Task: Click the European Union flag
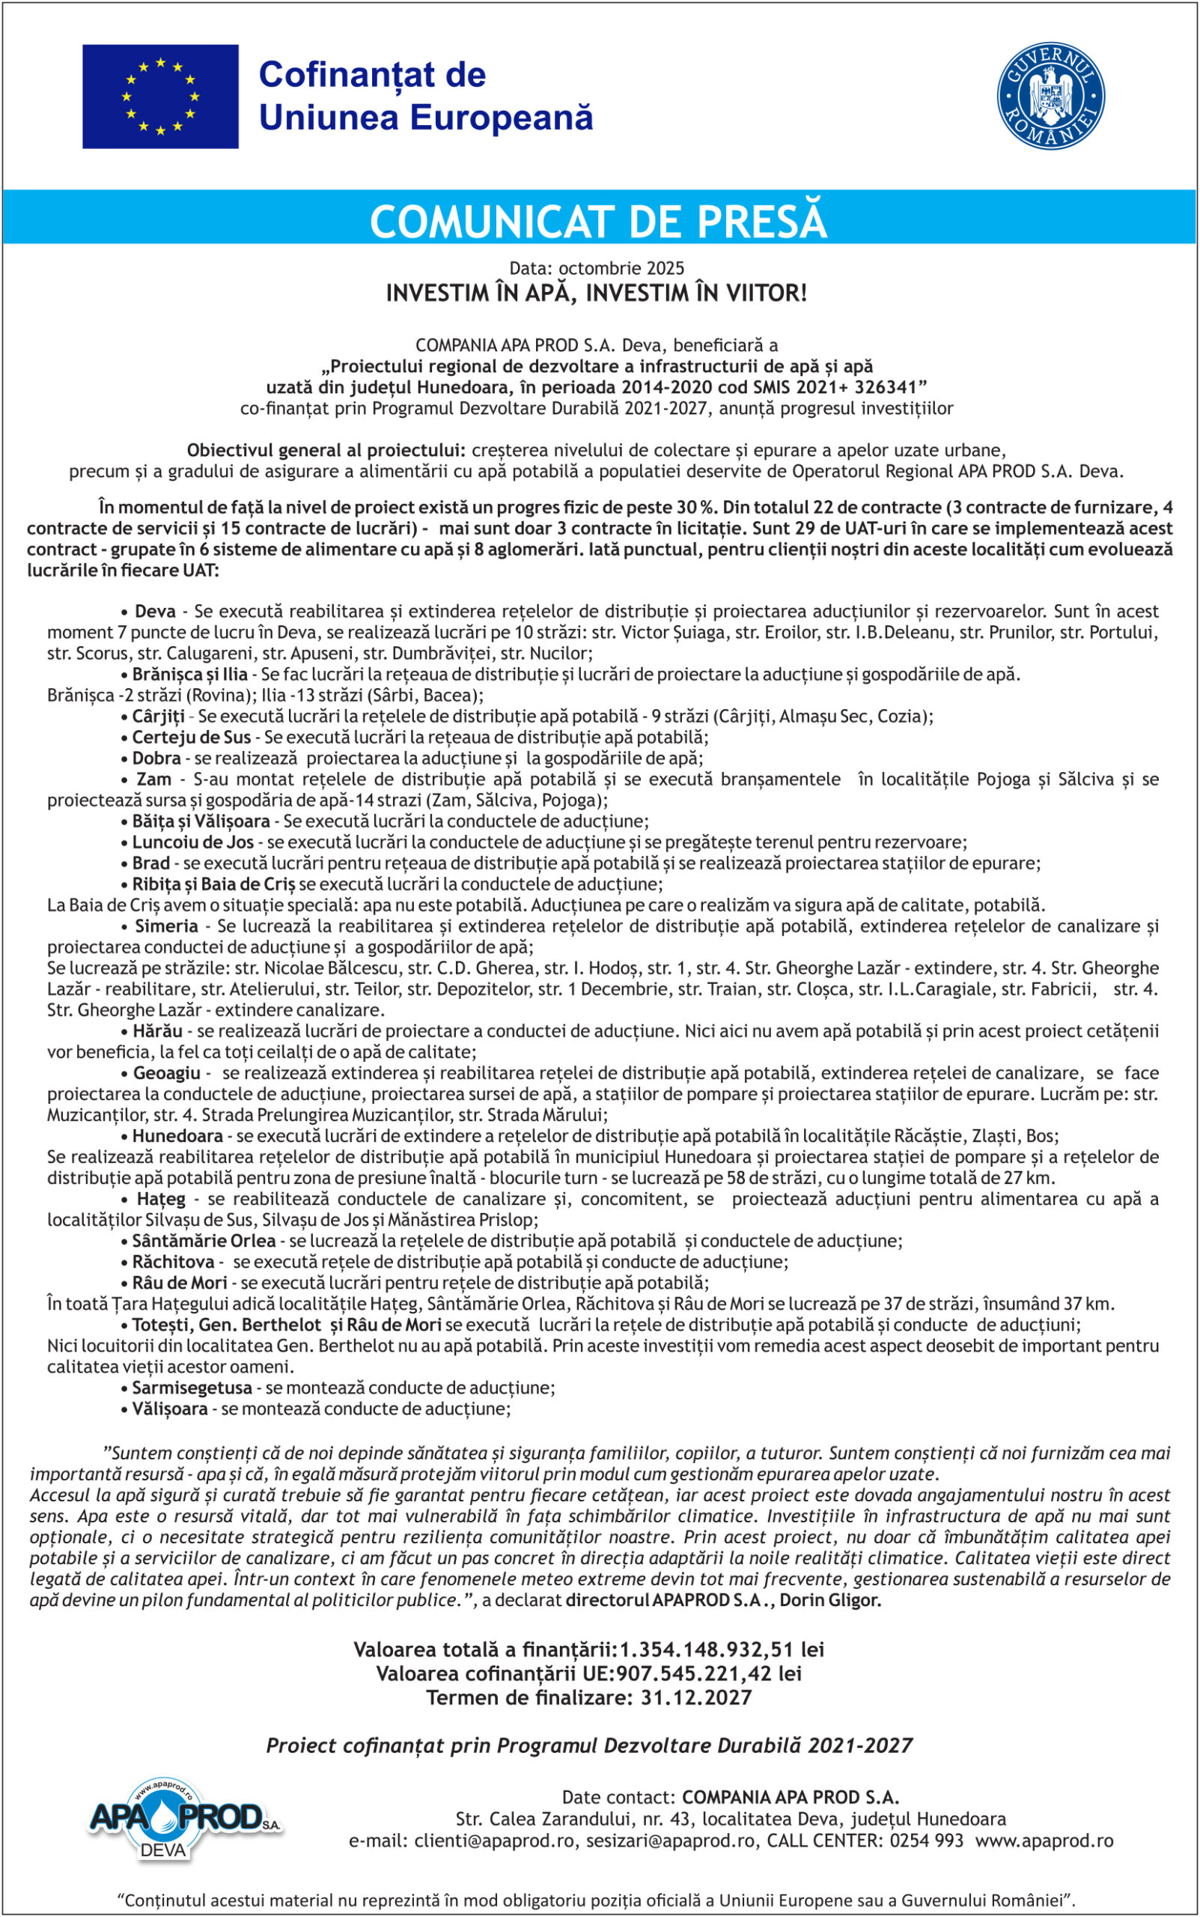[160, 96]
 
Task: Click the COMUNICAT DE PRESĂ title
[598, 222]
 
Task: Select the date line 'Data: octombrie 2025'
[597, 268]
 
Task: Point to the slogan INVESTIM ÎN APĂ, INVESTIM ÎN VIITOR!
[597, 293]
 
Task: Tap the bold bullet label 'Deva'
[155, 611]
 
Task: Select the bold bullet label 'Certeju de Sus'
[192, 737]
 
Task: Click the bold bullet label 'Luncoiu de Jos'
[193, 842]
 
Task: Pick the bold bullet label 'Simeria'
[166, 926]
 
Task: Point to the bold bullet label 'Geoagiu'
[166, 1072]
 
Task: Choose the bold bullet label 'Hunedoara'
[177, 1136]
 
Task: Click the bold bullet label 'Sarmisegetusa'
[192, 1388]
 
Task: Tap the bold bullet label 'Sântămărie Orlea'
[203, 1241]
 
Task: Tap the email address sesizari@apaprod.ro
[671, 1841]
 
